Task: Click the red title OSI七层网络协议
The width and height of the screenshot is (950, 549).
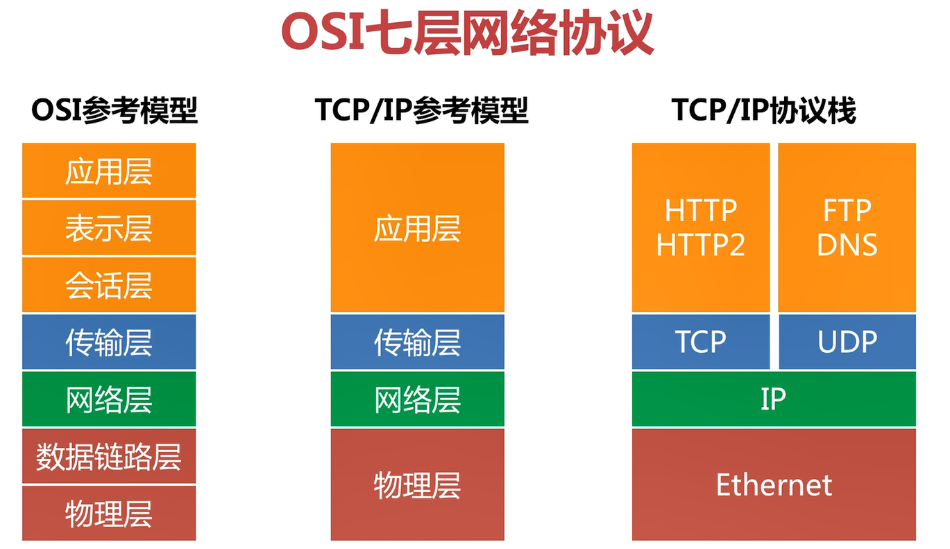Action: point(467,33)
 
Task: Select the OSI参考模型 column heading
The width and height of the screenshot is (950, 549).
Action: point(114,111)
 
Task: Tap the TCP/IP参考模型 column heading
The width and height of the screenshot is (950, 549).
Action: point(421,111)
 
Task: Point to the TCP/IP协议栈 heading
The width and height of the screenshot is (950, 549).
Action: point(763,111)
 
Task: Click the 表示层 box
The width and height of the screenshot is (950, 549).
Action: point(109,228)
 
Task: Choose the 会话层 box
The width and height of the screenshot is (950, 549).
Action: point(109,285)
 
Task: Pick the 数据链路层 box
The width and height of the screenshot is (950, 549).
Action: point(109,456)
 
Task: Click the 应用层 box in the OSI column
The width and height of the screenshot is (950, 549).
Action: point(109,171)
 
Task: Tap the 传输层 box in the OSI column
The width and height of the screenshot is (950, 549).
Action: point(109,342)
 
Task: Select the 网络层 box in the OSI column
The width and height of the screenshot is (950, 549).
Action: point(109,399)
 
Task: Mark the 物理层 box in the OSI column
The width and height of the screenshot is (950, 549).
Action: point(109,513)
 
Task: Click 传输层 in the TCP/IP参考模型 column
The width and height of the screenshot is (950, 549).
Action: point(418,342)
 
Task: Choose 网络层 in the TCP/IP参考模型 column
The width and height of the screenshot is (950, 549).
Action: point(418,399)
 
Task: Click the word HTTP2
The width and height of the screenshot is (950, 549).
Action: point(701,245)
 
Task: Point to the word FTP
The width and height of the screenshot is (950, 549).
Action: point(847,211)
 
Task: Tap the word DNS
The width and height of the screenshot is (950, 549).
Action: point(847,245)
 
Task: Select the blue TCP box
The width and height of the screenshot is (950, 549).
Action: point(701,342)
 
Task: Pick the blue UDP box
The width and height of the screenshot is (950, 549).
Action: point(847,342)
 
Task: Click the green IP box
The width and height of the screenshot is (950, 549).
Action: point(774,399)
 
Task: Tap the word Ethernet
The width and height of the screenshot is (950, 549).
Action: point(774,485)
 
